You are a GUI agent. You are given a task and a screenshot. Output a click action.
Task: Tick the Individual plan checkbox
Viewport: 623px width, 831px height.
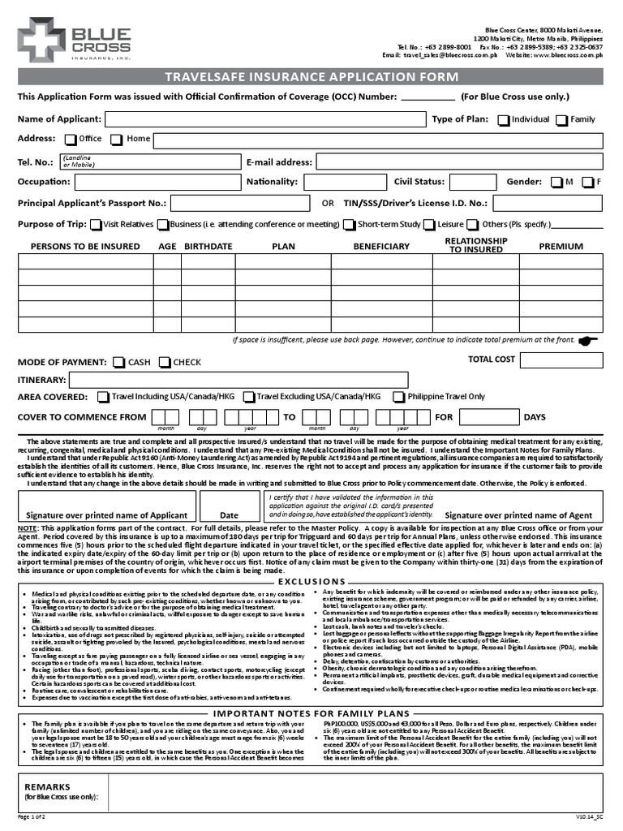click(504, 120)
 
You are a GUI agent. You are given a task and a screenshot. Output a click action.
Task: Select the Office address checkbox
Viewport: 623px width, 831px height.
click(71, 140)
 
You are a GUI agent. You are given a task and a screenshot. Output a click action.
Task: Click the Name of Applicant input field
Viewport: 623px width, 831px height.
click(265, 120)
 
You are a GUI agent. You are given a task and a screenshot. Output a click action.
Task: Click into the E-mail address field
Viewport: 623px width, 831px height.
click(459, 162)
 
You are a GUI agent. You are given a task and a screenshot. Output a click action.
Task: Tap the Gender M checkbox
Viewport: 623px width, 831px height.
click(556, 183)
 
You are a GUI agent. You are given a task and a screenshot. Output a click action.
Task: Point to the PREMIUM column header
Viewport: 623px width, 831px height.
click(561, 246)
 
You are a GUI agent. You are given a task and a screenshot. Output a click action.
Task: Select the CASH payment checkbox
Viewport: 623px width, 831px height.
click(119, 363)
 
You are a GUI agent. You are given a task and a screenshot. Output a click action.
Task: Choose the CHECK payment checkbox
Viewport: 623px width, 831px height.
click(165, 363)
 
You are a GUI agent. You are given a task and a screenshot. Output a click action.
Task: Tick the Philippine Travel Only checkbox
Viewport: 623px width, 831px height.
click(399, 397)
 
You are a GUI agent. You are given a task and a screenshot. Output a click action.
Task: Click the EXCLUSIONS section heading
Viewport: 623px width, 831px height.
click(311, 582)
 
